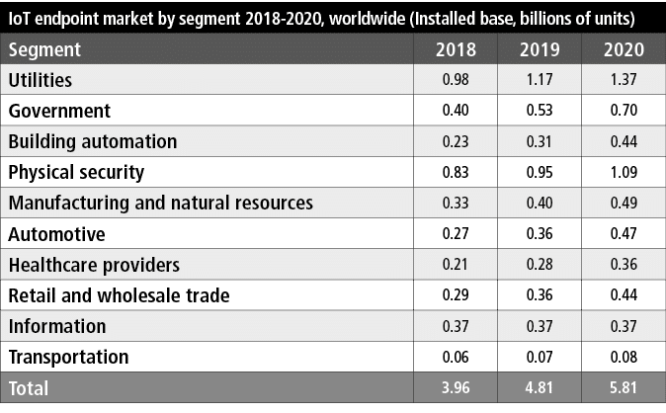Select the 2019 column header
click(x=545, y=49)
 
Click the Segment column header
click(x=44, y=49)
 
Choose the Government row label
click(x=59, y=111)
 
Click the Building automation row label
click(x=93, y=141)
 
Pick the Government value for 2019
click(x=545, y=111)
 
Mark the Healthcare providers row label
click(x=94, y=265)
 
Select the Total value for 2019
click(x=545, y=388)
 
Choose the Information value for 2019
click(x=545, y=326)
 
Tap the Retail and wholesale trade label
click(x=119, y=295)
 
